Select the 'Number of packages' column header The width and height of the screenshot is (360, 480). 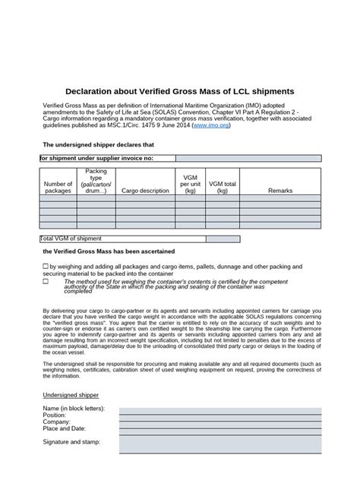click(x=58, y=187)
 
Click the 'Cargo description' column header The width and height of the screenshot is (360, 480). click(x=145, y=191)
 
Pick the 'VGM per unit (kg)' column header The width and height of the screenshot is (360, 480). click(x=191, y=183)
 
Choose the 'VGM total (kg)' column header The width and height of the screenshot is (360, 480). click(x=223, y=187)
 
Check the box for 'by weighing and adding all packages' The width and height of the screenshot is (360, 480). click(x=45, y=267)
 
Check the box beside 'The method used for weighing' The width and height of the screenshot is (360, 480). click(x=45, y=281)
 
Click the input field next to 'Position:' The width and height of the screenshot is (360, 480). click(x=219, y=415)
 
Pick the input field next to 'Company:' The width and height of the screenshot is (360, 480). click(x=219, y=423)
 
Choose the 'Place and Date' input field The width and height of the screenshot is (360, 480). click(x=219, y=431)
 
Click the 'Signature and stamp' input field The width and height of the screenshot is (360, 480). click(x=219, y=442)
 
